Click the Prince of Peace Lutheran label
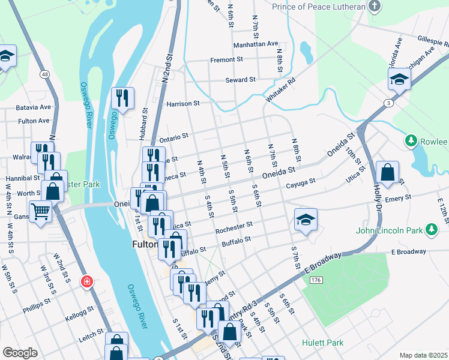point(318,7)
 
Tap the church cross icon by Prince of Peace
point(375,7)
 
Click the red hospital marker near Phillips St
point(88,281)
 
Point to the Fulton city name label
point(145,245)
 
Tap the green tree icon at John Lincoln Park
point(430,229)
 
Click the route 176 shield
point(316,280)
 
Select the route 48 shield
point(45,74)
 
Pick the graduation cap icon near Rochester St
point(306,220)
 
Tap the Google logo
point(20,353)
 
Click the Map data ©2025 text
point(423,355)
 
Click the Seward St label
point(240,79)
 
